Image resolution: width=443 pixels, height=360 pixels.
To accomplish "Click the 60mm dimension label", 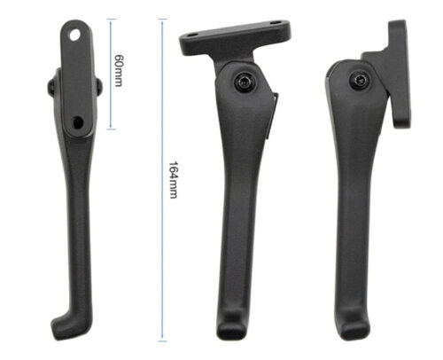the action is coord(119,71).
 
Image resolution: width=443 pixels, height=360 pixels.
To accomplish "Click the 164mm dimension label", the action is coord(173,180).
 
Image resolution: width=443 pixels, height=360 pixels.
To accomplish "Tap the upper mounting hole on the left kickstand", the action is coord(74,35).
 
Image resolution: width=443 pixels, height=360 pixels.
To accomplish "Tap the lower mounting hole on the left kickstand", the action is coord(78,121).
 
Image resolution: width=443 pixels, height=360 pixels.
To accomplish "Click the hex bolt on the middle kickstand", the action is coord(245,81).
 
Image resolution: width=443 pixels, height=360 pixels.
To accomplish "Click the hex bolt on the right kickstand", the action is coord(359,80).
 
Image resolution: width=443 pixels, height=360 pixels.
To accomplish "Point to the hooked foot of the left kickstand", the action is coord(70,325).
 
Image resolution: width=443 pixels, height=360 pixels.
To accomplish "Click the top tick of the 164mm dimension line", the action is coord(162,20).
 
